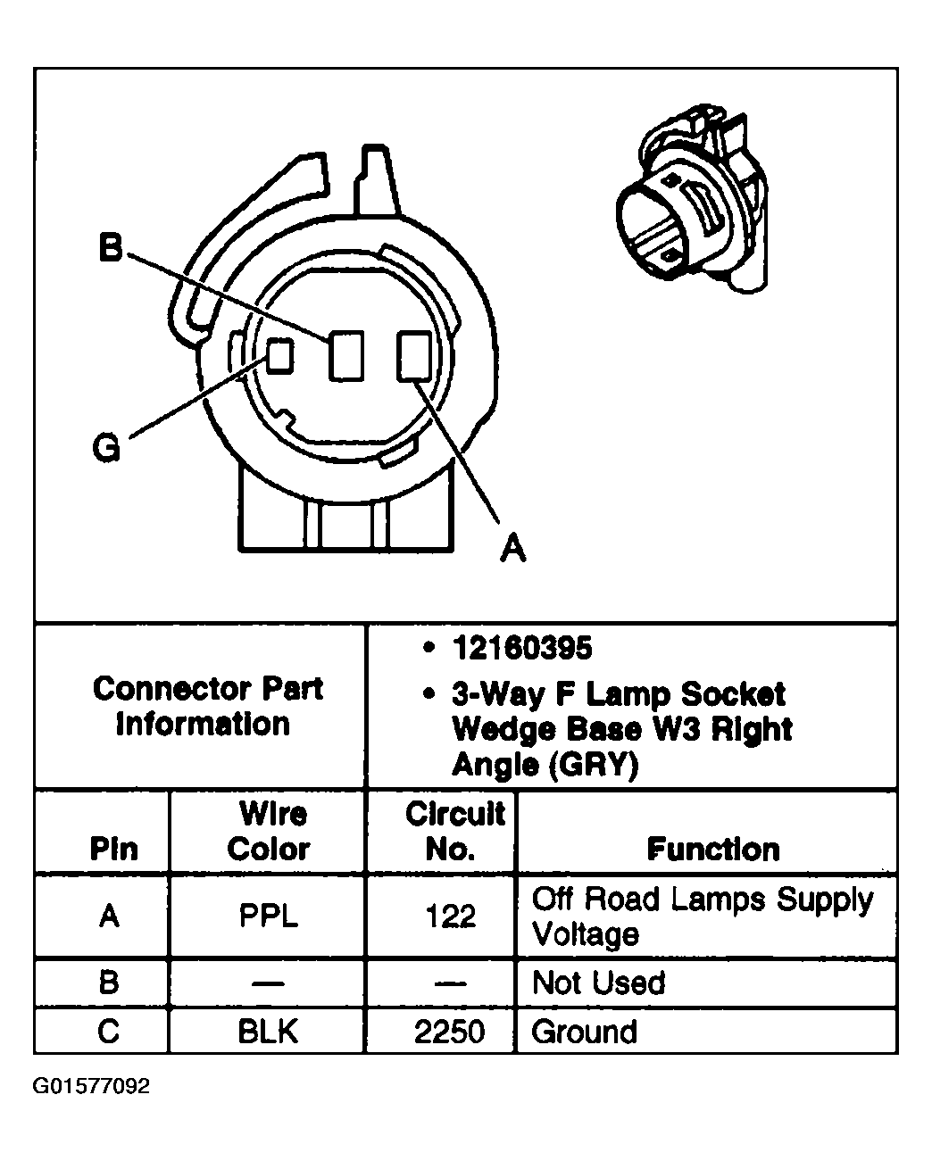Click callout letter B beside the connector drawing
(x=110, y=247)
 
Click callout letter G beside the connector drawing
(x=106, y=448)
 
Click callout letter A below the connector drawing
(x=512, y=547)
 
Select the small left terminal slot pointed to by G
(x=280, y=355)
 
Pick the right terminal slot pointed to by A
(x=413, y=354)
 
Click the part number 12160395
(x=521, y=649)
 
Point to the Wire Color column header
(x=268, y=831)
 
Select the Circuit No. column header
(x=454, y=831)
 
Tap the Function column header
(x=712, y=849)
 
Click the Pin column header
(x=113, y=849)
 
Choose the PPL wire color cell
(x=268, y=916)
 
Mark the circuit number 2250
(x=449, y=1032)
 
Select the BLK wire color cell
(x=268, y=1032)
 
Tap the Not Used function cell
(x=598, y=983)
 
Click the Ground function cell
(x=584, y=1032)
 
